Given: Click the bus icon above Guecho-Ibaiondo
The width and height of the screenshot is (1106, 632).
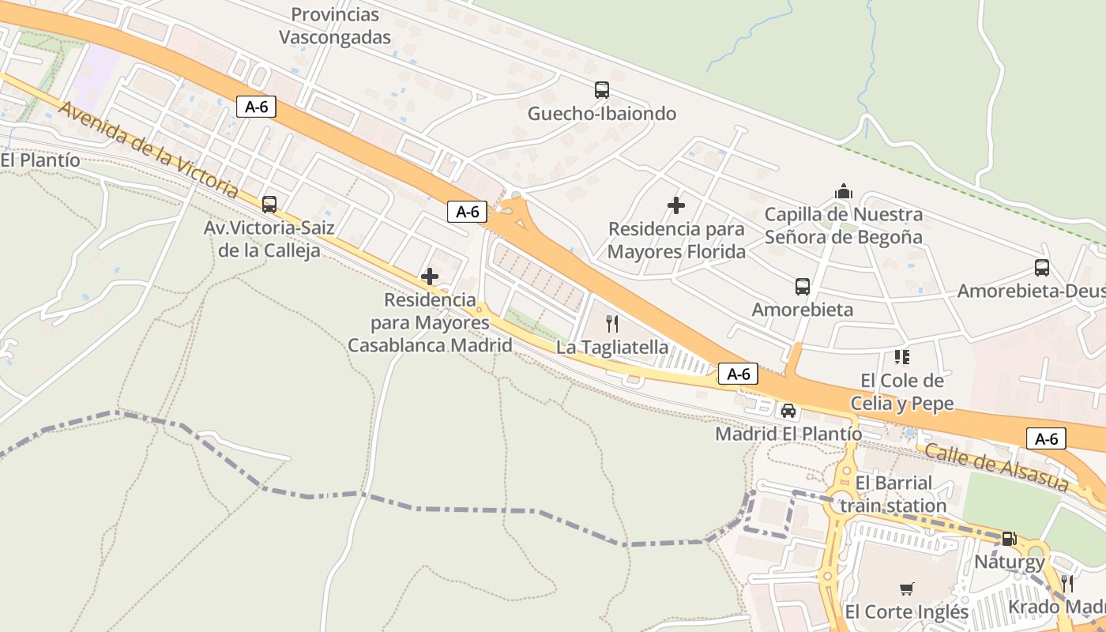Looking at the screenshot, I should tap(602, 90).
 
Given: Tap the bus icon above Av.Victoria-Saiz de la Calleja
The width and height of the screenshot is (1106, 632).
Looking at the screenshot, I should tap(269, 205).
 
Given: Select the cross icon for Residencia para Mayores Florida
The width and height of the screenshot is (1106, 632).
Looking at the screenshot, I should tap(676, 205).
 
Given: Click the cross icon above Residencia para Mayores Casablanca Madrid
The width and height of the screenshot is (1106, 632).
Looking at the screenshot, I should tap(430, 276).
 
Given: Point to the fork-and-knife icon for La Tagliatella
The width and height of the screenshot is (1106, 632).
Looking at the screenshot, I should tap(611, 323).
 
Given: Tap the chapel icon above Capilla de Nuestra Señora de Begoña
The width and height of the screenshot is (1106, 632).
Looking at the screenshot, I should tap(844, 191).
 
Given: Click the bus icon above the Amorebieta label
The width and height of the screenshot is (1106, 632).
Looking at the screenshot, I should tap(803, 286).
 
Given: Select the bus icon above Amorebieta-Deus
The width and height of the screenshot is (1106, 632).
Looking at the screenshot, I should tap(1042, 268).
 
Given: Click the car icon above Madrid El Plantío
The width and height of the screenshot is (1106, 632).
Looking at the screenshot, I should tap(788, 410).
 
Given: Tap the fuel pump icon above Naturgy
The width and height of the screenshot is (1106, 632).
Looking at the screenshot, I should tap(1009, 539).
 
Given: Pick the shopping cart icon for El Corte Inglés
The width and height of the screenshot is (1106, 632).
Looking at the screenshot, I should tap(906, 589).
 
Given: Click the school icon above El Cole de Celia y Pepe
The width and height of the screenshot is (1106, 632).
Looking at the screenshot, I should tap(901, 357).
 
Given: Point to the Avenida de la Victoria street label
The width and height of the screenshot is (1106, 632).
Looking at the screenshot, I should tap(149, 149).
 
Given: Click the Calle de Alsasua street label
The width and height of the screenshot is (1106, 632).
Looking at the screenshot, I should tap(995, 467).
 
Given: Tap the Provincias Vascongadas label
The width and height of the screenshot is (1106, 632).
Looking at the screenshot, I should tap(335, 26).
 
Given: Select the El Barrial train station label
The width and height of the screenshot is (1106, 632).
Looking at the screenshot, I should tap(893, 494).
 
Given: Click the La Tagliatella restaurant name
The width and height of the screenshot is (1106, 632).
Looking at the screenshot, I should tap(612, 348).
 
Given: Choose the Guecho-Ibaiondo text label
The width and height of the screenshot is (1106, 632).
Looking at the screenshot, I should tap(602, 114).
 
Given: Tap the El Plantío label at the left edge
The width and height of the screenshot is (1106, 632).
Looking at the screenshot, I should tap(40, 160).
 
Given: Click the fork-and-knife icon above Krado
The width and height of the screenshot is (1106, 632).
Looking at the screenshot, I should tap(1066, 584).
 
